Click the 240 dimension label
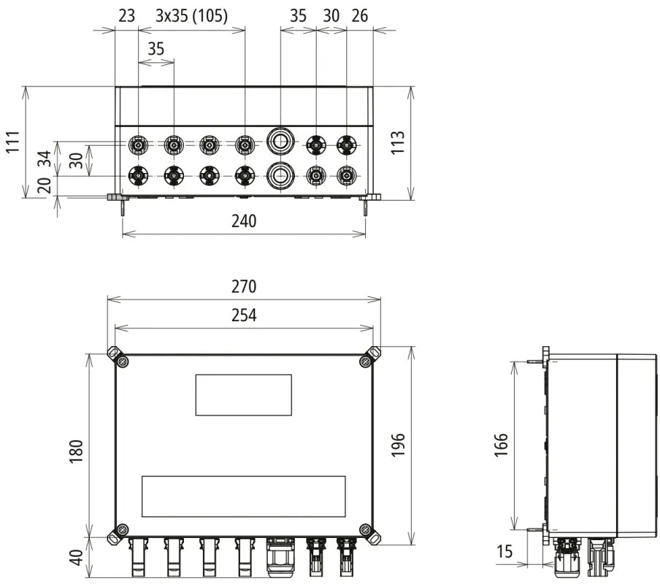[x=244, y=221]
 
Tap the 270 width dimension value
[x=244, y=287]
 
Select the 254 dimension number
[x=244, y=315]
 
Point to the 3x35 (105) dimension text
[x=191, y=15]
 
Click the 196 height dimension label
[x=398, y=445]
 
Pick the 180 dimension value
[x=76, y=451]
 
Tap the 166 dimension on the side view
[x=502, y=445]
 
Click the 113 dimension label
[x=398, y=142]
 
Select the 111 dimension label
[x=12, y=142]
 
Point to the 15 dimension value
[x=504, y=551]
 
